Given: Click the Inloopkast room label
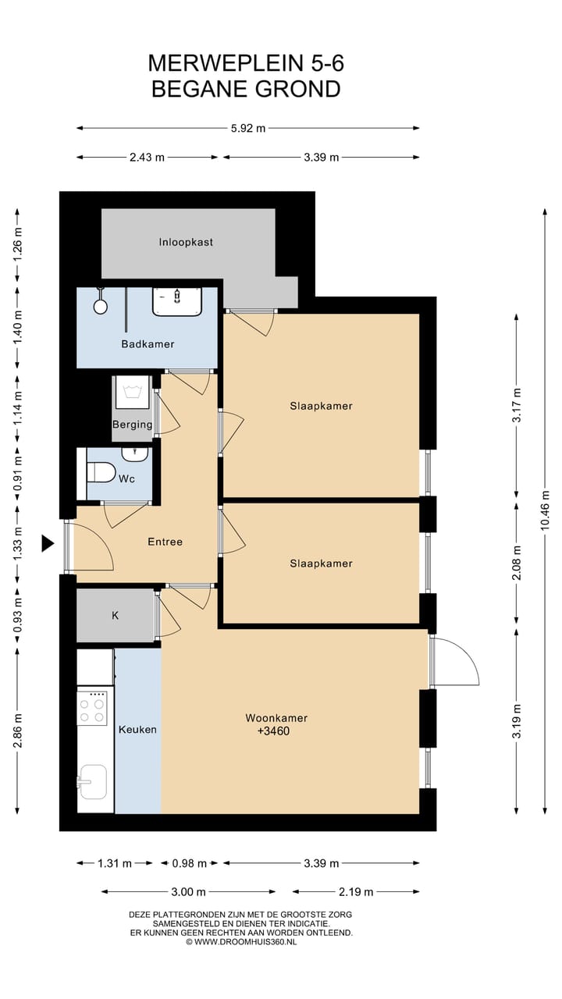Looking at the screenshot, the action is click(x=186, y=242).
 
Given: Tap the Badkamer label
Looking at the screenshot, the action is click(x=148, y=344).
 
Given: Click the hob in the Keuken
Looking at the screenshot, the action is click(x=92, y=707).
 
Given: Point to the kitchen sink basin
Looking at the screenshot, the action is click(x=93, y=782).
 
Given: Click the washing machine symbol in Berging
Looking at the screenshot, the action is click(x=133, y=392).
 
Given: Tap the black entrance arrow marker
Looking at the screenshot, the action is click(x=48, y=543).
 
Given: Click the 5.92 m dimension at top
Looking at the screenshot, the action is click(x=248, y=129).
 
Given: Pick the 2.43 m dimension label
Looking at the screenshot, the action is click(x=148, y=157).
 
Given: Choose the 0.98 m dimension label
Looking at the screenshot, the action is click(x=189, y=863).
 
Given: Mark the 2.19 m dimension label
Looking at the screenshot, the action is click(x=355, y=891).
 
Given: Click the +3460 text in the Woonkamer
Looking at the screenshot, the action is click(x=273, y=731).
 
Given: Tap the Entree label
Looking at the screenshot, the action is click(x=165, y=542).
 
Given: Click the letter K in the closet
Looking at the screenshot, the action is click(x=115, y=616).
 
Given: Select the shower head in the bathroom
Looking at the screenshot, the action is click(x=101, y=305).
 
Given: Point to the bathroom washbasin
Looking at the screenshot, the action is click(x=177, y=301).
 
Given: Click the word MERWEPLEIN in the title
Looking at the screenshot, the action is click(x=226, y=63).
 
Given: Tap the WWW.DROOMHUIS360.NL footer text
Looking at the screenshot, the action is click(x=245, y=941).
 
